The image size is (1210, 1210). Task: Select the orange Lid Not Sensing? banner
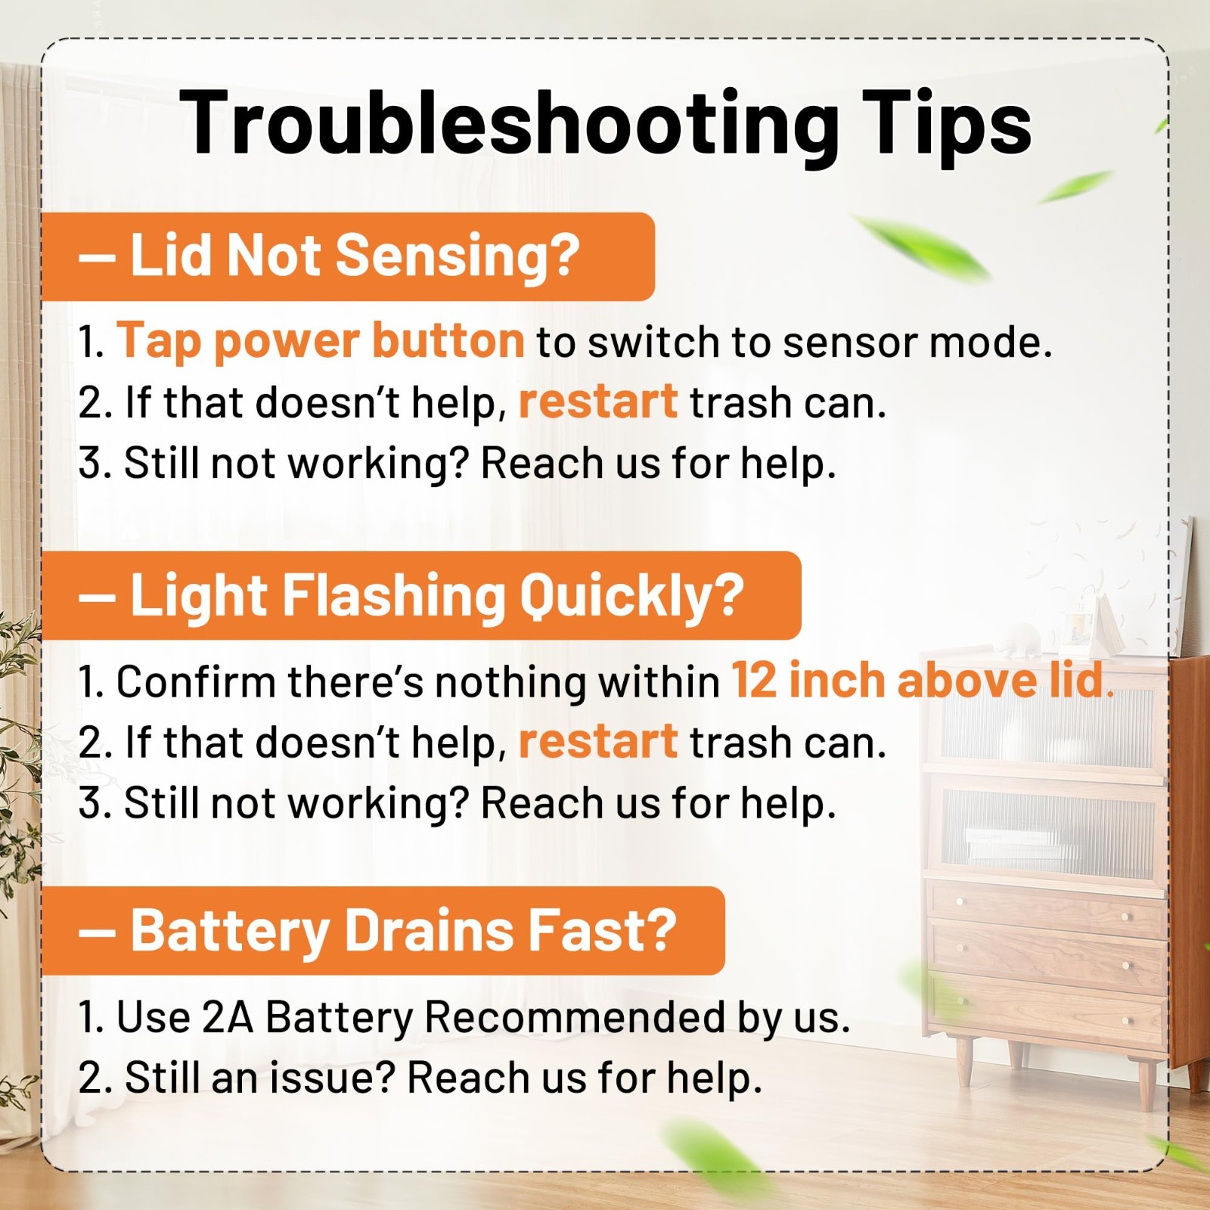point(348,256)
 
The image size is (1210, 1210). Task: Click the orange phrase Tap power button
point(321,341)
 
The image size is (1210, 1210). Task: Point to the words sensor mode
point(917,343)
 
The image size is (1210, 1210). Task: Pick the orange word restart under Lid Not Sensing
point(598,401)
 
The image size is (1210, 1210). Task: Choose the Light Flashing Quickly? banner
point(421,596)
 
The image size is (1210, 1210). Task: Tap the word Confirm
point(195,681)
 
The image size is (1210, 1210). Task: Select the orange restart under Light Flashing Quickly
point(598,741)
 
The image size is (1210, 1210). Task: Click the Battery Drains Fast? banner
point(383,931)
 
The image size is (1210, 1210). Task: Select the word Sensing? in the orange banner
point(458,256)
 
